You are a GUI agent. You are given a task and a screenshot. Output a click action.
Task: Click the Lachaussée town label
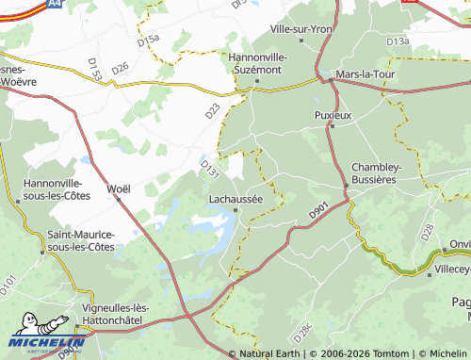235,199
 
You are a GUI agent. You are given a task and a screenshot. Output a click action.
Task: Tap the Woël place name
119,188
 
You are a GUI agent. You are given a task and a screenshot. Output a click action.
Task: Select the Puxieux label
332,115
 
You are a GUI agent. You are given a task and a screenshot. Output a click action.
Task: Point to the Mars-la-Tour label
368,72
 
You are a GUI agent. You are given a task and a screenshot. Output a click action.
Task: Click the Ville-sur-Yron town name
301,29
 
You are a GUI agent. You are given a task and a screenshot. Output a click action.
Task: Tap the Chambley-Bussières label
377,173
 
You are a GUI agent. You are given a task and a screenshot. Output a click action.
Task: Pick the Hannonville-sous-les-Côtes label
53,189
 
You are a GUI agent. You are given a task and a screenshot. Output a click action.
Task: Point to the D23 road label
212,110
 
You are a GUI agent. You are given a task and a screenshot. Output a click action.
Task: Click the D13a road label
398,42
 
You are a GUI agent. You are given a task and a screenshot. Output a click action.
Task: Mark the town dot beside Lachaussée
235,211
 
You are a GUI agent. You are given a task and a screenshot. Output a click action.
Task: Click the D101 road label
10,281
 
